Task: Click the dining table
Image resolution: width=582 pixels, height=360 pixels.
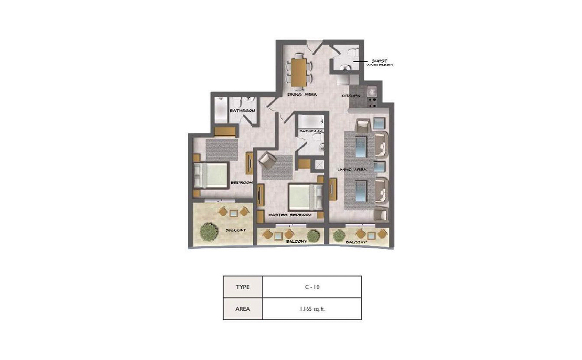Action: coord(299,71)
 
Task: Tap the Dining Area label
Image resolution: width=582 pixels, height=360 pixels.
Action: coord(302,95)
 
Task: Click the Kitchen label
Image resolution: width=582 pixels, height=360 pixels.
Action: coord(352,96)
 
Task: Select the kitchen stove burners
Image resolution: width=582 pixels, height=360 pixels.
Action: coord(372,102)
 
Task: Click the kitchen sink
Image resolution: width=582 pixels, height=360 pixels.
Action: coord(372,91)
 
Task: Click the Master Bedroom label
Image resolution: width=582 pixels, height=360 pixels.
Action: coord(290,215)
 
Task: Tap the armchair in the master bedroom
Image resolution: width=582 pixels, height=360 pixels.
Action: coord(267,160)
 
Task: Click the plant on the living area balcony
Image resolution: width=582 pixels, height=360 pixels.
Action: coord(337,235)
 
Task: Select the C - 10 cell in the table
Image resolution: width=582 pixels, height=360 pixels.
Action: coord(311,287)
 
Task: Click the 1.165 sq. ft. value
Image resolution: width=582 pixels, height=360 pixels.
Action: coord(311,309)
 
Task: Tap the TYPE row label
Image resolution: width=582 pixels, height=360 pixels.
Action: coord(242,287)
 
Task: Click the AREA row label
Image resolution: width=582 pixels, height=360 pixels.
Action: coord(242,309)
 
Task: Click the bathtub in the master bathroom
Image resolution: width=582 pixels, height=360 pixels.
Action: coord(310,121)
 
